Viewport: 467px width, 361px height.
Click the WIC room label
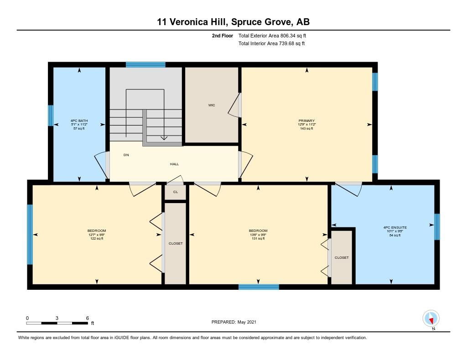212,105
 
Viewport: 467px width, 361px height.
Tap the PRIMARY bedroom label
306,121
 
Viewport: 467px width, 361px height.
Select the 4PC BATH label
79,121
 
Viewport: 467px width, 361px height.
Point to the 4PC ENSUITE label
395,227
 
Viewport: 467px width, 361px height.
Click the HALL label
174,164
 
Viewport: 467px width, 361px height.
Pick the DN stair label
126,155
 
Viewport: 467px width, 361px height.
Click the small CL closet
176,192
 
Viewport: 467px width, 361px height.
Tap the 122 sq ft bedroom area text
97,239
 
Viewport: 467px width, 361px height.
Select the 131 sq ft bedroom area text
258,239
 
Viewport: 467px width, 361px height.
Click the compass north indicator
431,319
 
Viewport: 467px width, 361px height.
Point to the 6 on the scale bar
87,318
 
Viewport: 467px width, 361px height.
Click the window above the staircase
145,65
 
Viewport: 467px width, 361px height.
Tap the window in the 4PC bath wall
51,115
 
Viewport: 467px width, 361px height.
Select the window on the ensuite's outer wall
437,226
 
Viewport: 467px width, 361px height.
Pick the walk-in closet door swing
235,105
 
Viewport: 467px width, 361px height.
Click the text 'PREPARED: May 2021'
234,322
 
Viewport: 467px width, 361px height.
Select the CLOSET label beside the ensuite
341,257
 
